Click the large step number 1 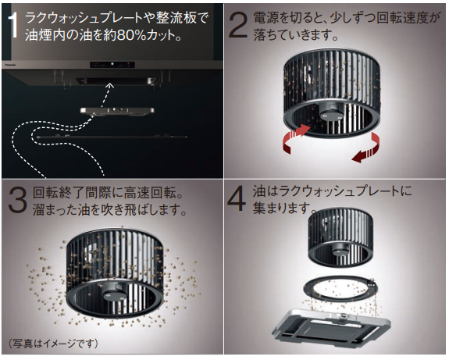pos(13,27)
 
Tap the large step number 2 pos(238,25)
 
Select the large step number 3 pos(17,200)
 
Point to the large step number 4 pos(237,198)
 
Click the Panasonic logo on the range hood pos(10,65)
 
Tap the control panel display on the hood pos(112,65)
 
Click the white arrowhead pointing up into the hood pos(110,85)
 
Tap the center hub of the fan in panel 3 pos(114,294)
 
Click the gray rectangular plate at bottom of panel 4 pos(332,326)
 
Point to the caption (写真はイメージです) pos(53,344)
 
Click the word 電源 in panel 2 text pos(262,18)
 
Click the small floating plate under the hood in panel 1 pos(117,111)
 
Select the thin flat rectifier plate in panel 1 pos(112,137)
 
